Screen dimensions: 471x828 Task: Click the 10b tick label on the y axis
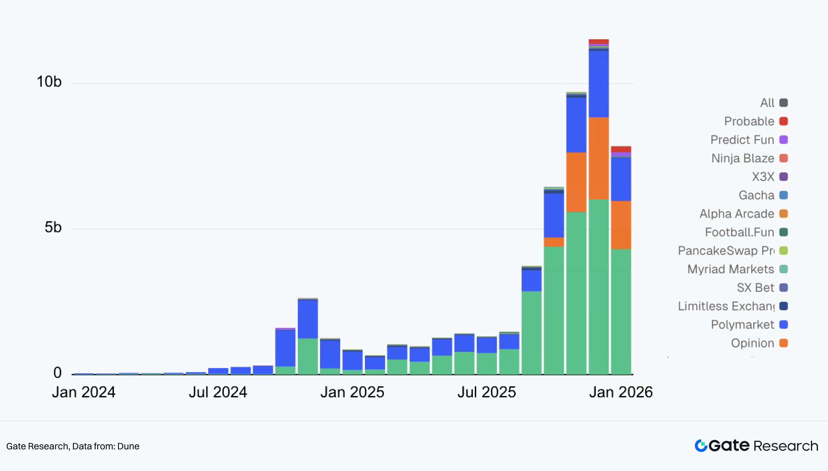tap(49, 82)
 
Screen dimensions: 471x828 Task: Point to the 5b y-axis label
tap(53, 227)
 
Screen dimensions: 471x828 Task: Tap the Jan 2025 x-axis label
tap(352, 392)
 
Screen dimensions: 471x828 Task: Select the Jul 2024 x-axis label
tap(218, 392)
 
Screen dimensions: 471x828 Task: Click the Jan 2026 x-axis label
tap(621, 392)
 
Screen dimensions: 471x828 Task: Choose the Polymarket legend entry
tap(742, 324)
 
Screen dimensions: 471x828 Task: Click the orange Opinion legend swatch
tap(784, 343)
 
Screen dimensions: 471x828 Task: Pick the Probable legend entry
tap(749, 121)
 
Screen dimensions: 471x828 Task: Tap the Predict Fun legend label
tap(742, 140)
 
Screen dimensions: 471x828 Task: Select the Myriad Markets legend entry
tap(730, 269)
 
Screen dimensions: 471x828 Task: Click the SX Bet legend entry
tap(755, 288)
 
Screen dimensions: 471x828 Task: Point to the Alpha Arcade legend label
tap(737, 214)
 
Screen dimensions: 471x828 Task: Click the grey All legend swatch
tap(784, 103)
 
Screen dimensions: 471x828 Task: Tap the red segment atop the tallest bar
tap(599, 41)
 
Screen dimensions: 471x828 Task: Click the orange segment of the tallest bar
tap(599, 158)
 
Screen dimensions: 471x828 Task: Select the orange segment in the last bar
tap(621, 225)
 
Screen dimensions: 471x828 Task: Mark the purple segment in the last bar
tap(621, 154)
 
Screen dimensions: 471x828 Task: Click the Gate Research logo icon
tap(701, 446)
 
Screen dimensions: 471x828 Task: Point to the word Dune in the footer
tap(128, 446)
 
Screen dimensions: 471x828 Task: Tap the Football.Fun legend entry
tap(739, 232)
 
